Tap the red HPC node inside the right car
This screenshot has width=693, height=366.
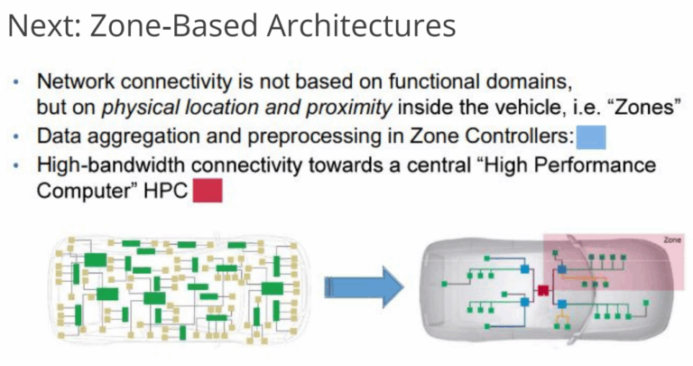[543, 290]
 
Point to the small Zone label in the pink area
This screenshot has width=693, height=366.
[670, 241]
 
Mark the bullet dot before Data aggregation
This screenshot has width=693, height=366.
[18, 137]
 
